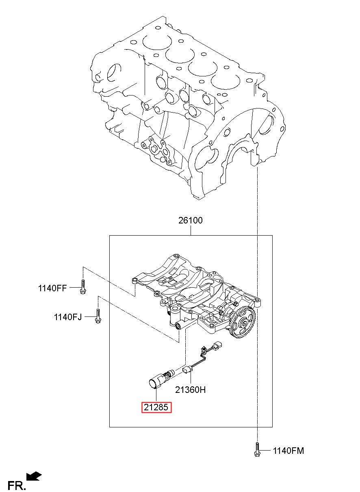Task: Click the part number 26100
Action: (190, 220)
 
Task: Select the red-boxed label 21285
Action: (156, 407)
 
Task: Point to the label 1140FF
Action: (52, 288)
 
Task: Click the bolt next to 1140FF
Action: (83, 287)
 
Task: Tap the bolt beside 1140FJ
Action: (98, 316)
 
